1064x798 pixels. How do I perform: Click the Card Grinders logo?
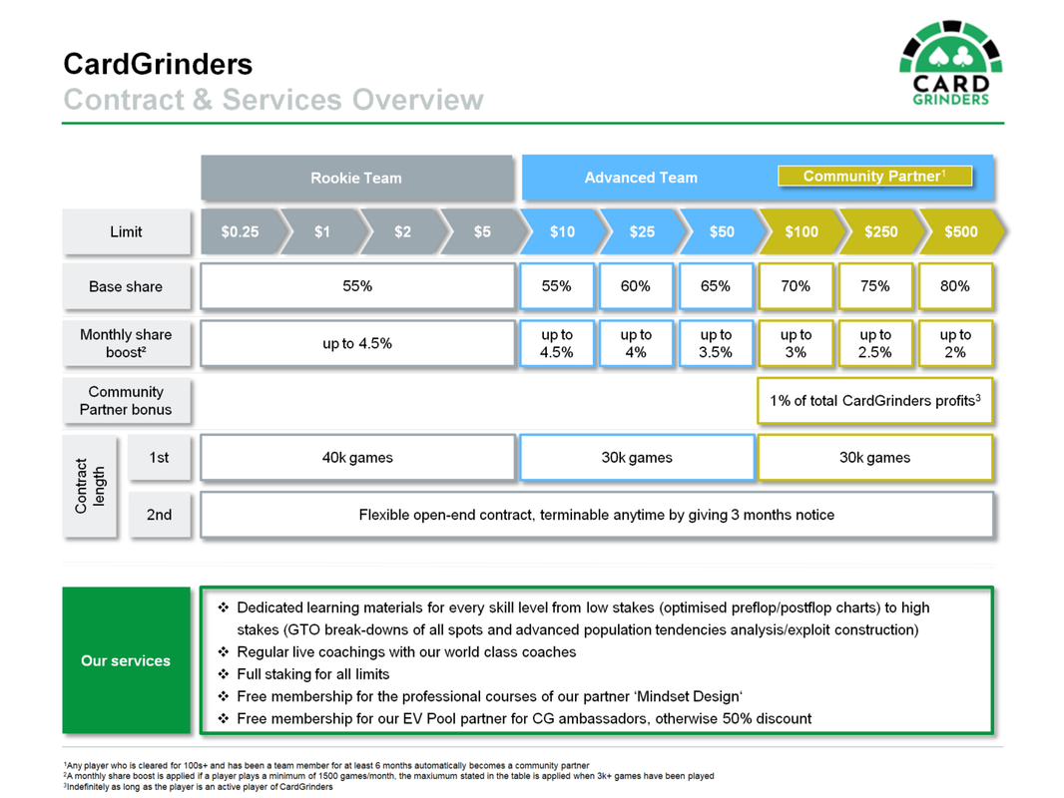[x=950, y=63]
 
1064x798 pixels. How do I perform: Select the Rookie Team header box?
[x=357, y=178]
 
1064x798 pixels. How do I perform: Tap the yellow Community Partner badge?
[x=874, y=177]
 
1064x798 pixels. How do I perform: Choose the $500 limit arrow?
[x=961, y=231]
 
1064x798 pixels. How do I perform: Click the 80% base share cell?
[x=955, y=286]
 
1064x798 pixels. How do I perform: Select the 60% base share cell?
[x=636, y=286]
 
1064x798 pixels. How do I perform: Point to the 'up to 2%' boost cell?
[x=955, y=344]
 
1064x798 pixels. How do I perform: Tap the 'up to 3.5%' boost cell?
[x=716, y=344]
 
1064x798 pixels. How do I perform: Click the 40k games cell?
[x=357, y=458]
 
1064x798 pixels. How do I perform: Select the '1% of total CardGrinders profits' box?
[x=874, y=401]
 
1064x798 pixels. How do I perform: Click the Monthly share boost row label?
[x=126, y=344]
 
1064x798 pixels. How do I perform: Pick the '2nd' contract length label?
[x=160, y=515]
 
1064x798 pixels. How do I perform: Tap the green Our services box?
[x=126, y=660]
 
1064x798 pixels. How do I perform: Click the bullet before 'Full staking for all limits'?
[x=224, y=674]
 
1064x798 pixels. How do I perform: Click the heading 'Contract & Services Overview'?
[x=273, y=100]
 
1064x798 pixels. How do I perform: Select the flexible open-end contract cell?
[x=597, y=515]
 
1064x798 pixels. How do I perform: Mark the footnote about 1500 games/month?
[x=388, y=776]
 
